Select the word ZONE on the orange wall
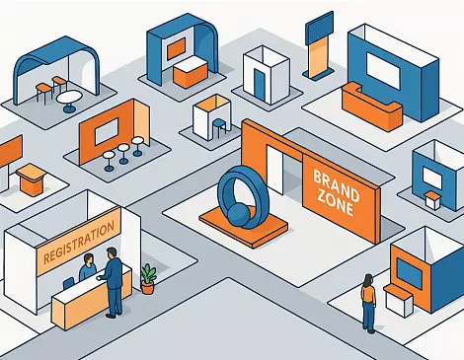[335, 201]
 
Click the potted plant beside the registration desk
[148, 279]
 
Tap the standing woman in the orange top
[368, 304]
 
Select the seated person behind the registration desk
[87, 267]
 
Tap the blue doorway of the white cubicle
[260, 85]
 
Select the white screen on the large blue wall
[383, 71]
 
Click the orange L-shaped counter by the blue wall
[370, 107]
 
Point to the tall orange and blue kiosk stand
[319, 46]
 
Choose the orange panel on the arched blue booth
[176, 48]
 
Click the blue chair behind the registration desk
[68, 283]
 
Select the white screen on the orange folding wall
[107, 132]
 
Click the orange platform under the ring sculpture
[244, 229]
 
